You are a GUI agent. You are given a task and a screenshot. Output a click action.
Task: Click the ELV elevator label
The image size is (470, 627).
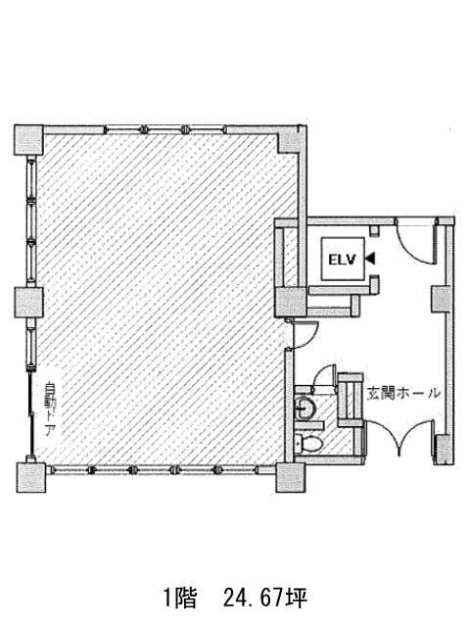(x=342, y=260)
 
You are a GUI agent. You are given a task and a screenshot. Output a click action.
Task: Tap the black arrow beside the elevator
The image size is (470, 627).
(x=370, y=259)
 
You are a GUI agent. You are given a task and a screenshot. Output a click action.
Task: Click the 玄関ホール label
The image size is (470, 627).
(x=403, y=394)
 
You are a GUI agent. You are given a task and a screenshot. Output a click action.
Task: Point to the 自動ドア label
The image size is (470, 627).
(x=51, y=410)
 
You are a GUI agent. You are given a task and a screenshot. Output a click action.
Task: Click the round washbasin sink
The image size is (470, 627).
(x=305, y=408)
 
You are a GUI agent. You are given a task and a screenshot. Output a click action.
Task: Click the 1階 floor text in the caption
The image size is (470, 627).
(x=180, y=599)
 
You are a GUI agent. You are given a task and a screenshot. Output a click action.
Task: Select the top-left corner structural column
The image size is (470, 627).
(x=28, y=139)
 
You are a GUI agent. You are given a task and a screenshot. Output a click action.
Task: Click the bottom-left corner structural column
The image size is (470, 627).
(x=30, y=478)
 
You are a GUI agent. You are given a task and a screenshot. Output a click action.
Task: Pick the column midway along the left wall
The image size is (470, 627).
(x=28, y=303)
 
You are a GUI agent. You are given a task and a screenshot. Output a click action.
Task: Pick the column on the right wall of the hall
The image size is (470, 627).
(x=442, y=299)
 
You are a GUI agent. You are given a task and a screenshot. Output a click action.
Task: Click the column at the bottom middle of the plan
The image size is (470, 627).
(x=291, y=478)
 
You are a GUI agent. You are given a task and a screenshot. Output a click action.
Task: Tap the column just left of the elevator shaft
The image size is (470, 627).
(x=291, y=302)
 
